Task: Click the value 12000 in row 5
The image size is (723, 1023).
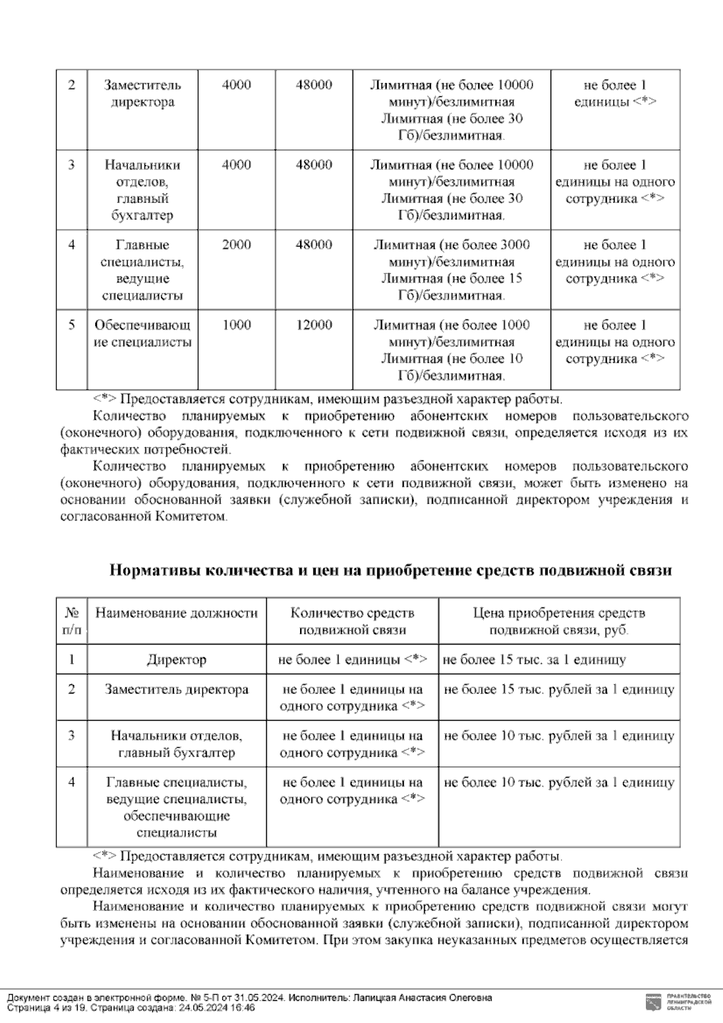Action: point(313,325)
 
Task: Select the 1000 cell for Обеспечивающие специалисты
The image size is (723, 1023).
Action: point(236,325)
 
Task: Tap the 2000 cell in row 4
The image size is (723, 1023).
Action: point(236,245)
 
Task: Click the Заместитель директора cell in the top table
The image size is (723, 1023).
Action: point(142,94)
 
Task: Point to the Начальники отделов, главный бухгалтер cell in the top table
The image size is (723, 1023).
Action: point(142,190)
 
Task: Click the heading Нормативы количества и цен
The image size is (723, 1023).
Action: point(390,571)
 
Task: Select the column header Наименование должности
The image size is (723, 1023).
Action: point(177,613)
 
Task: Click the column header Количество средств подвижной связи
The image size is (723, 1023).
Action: point(352,621)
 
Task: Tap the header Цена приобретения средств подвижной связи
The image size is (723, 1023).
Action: point(559,621)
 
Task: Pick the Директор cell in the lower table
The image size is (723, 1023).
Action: point(177,660)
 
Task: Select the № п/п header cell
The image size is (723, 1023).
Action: point(72,621)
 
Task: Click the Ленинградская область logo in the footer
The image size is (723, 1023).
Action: point(652,1001)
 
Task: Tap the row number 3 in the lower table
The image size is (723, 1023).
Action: point(72,736)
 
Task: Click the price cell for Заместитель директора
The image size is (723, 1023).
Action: point(559,690)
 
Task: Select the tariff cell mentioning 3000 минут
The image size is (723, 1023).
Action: point(451,270)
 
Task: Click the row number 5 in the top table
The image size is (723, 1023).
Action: point(72,325)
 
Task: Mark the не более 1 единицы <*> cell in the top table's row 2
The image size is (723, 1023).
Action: point(615,94)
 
